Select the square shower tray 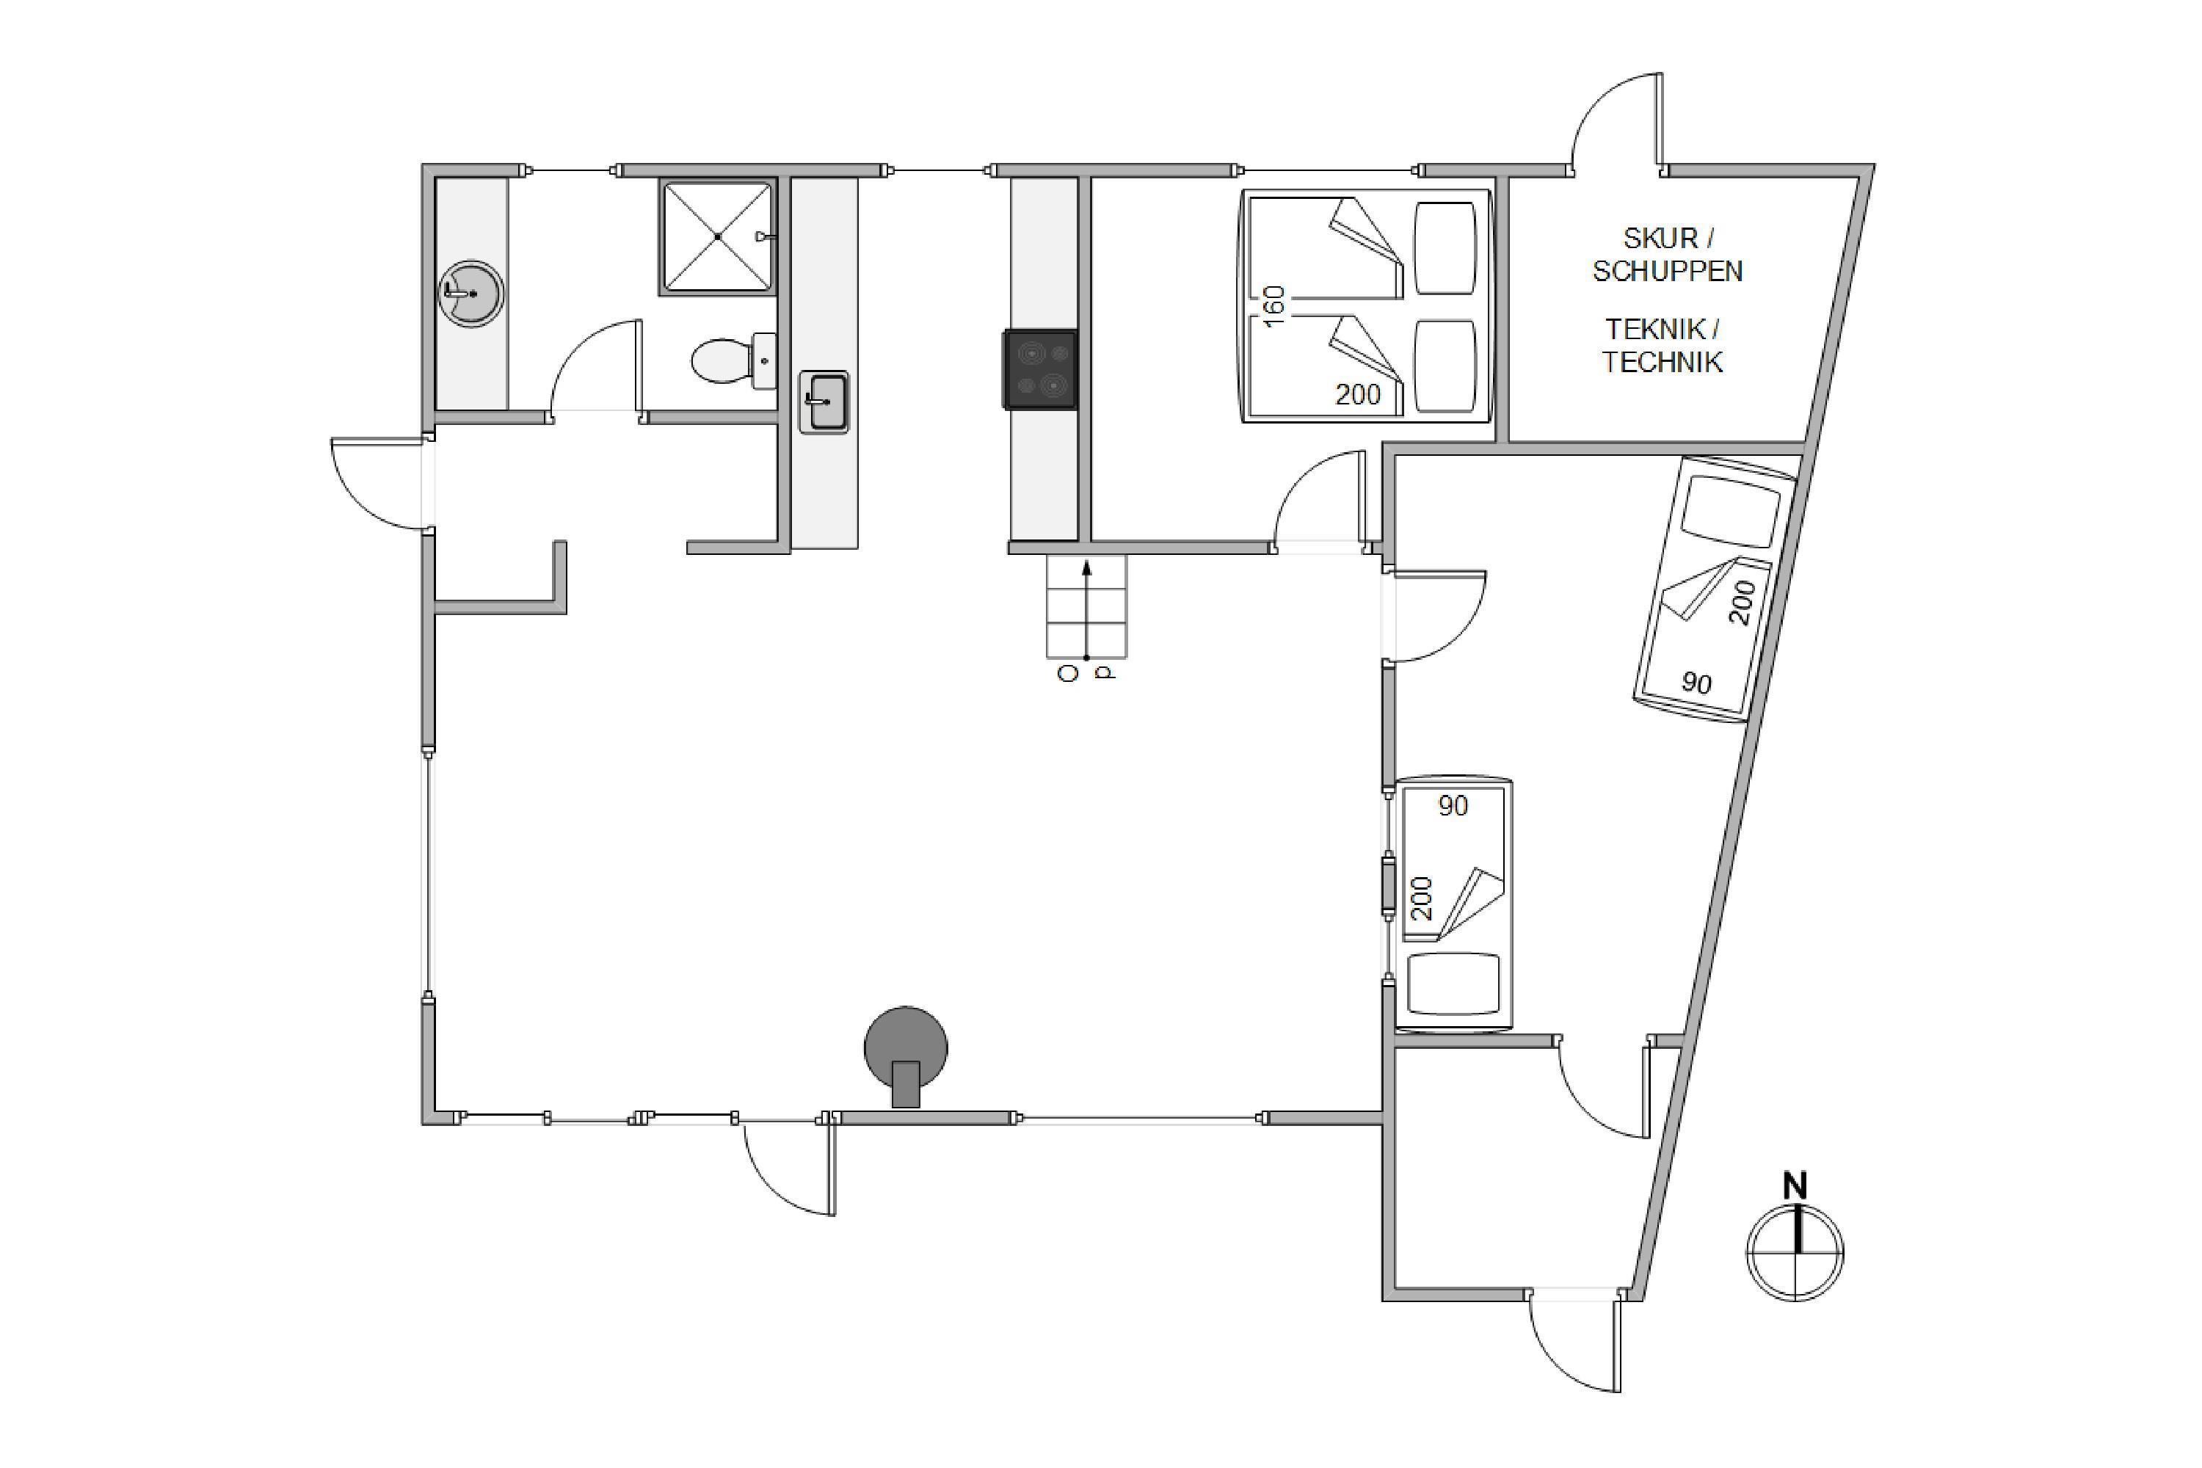(718, 237)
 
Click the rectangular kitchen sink (824, 401)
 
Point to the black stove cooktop (1040, 370)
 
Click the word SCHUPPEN (1668, 272)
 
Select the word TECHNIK (1662, 363)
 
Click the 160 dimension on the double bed (1273, 306)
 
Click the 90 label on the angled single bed (1696, 683)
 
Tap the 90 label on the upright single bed (1453, 805)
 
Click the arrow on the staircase (1086, 609)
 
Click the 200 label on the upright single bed (1421, 898)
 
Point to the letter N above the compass (1795, 1186)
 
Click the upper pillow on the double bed (1445, 248)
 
